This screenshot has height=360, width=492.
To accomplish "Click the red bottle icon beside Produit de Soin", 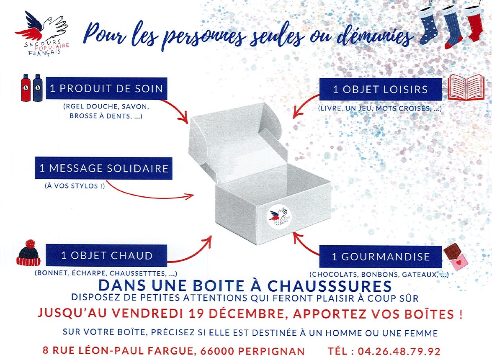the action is pyautogui.click(x=26, y=88).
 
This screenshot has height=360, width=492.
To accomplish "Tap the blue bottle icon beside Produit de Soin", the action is pyautogui.click(x=37, y=88).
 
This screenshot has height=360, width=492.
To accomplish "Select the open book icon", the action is pyautogui.click(x=466, y=87).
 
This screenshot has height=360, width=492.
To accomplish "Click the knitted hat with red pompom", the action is pyautogui.click(x=28, y=253).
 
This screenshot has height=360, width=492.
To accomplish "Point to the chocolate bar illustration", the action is pyautogui.click(x=456, y=257).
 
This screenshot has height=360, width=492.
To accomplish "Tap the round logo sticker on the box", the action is pyautogui.click(x=279, y=217).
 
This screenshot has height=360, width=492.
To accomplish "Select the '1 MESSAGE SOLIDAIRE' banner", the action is pyautogui.click(x=103, y=168).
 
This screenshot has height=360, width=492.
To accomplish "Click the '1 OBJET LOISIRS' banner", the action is pyautogui.click(x=380, y=90).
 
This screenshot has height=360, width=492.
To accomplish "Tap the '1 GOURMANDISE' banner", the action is pyautogui.click(x=380, y=257).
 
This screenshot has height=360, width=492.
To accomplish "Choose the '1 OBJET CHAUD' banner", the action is pyautogui.click(x=106, y=256).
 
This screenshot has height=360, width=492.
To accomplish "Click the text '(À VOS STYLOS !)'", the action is pyautogui.click(x=75, y=186).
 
